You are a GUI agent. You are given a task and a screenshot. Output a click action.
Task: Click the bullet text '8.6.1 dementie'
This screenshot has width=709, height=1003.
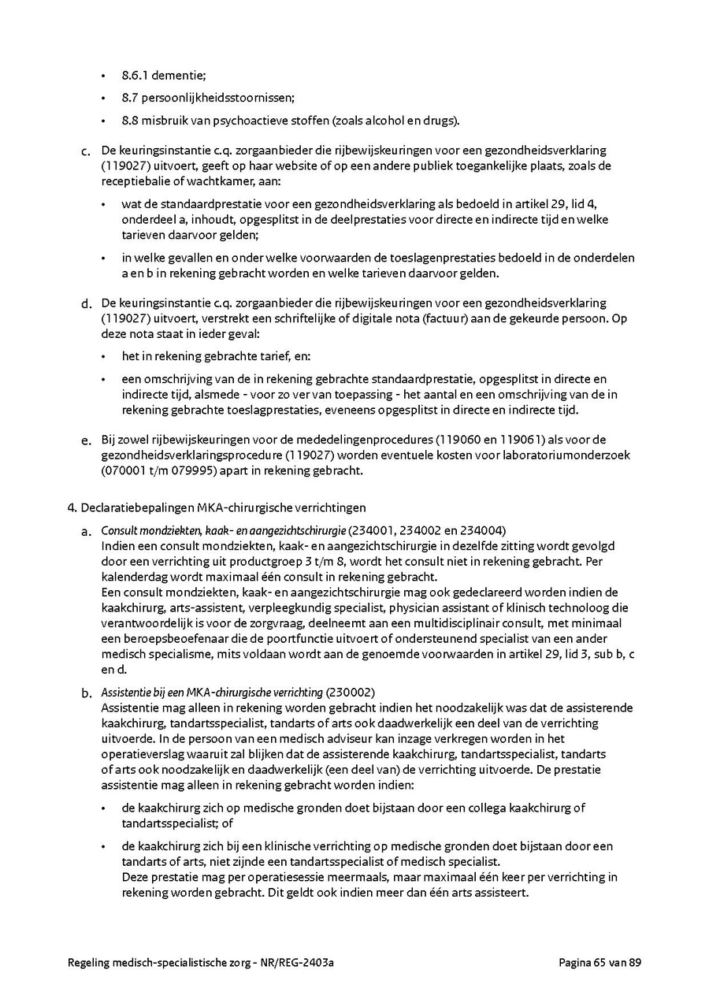click(163, 76)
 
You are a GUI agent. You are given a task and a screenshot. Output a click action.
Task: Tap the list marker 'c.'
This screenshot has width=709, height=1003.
click(86, 151)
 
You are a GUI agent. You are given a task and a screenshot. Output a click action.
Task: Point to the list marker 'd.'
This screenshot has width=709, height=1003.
click(86, 303)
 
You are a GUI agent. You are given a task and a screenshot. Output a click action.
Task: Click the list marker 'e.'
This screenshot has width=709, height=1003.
click(86, 440)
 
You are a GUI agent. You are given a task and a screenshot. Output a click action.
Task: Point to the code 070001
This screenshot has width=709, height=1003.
click(122, 470)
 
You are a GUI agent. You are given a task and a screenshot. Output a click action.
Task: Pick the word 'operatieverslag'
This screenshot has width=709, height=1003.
click(141, 754)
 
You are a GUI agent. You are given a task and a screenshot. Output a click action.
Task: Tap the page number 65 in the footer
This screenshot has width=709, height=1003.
click(603, 962)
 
